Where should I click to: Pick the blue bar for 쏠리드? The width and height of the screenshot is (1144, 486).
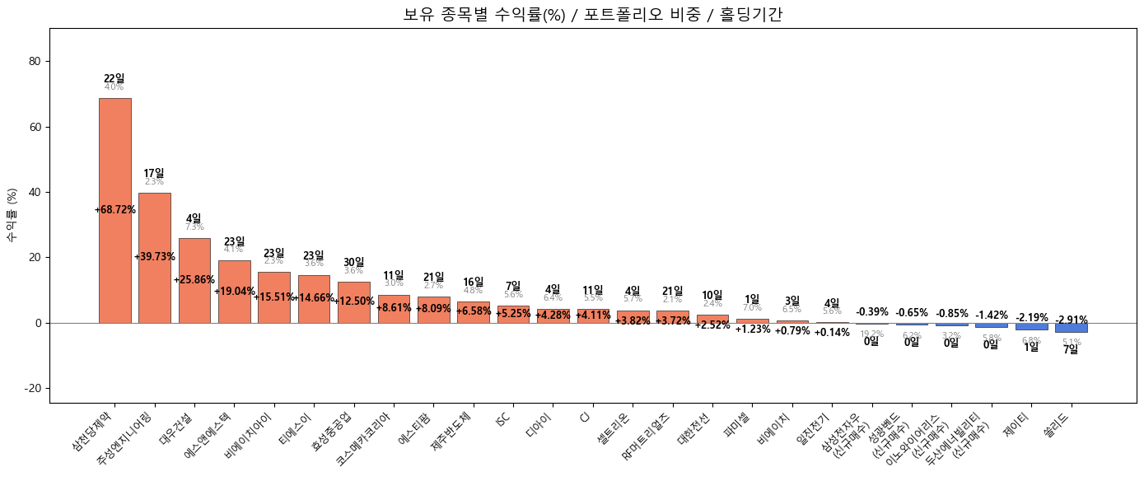(x=1071, y=328)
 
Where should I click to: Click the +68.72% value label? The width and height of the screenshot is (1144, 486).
(x=114, y=210)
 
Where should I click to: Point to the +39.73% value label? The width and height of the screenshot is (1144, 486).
(x=155, y=257)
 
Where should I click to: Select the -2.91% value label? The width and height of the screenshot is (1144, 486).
(x=1071, y=320)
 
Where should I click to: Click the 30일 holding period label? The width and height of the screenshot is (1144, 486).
(x=353, y=262)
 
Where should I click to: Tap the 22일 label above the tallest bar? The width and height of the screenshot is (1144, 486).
(x=114, y=78)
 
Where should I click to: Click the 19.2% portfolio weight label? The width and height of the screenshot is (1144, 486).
(x=871, y=334)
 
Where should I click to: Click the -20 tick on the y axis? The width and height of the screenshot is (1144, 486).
(x=33, y=388)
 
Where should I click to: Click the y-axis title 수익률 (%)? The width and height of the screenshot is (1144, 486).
(x=12, y=214)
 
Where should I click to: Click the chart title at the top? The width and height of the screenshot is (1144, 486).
(x=593, y=14)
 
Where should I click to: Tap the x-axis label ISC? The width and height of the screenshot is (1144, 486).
(x=502, y=419)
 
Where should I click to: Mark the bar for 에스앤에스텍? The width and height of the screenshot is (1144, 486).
(x=234, y=292)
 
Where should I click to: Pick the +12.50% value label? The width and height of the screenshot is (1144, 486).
(x=353, y=301)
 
